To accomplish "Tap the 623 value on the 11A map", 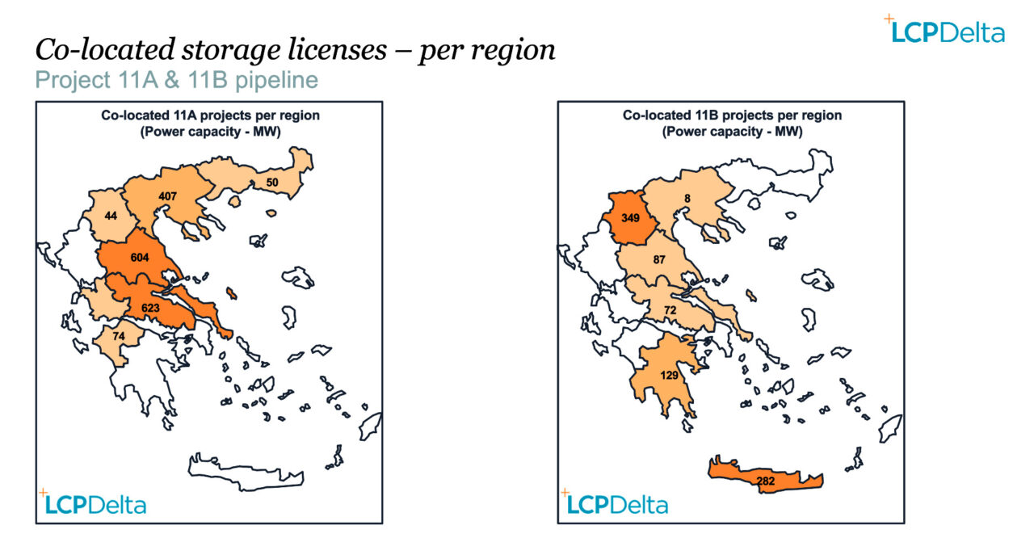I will tap(150, 307).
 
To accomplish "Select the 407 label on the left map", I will tap(167, 195).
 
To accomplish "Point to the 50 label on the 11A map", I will tap(272, 183).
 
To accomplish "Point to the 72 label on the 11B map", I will tap(669, 310).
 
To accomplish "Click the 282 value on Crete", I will tap(767, 481).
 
